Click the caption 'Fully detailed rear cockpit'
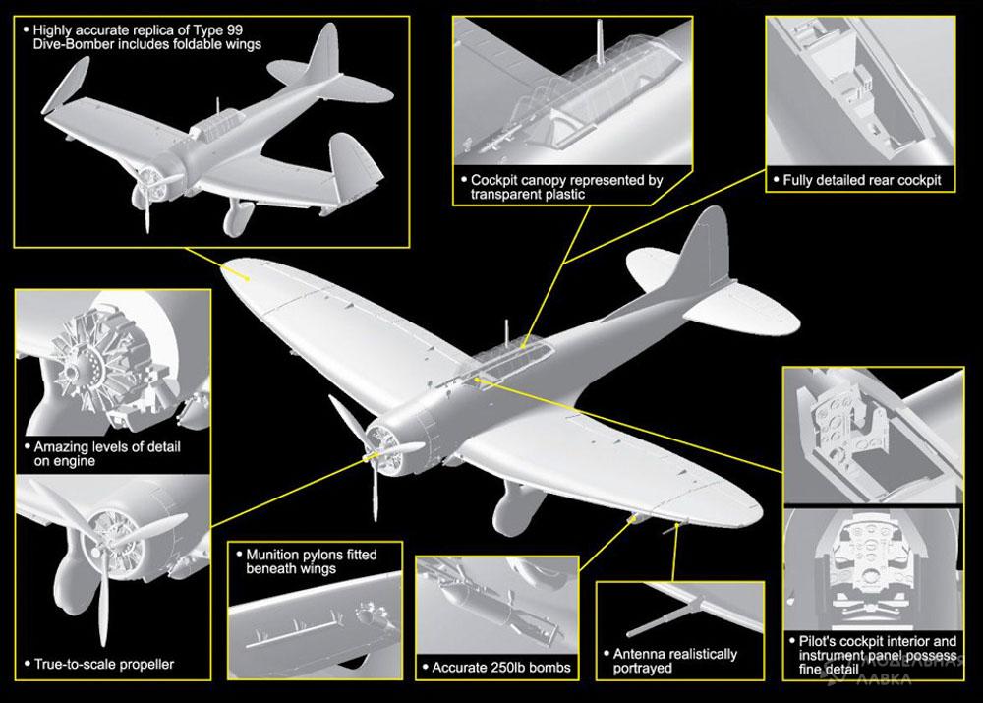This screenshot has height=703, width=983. [861, 180]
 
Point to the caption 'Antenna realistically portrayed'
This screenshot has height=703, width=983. [674, 661]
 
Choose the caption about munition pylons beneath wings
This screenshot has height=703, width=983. [305, 561]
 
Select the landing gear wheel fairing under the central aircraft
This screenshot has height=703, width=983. [511, 506]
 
